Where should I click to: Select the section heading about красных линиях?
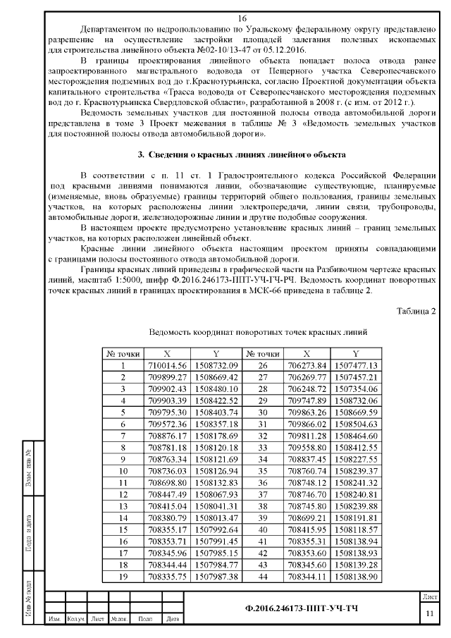(x=242, y=154)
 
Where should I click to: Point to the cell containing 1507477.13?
(x=355, y=365)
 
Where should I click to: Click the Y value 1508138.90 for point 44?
(x=355, y=577)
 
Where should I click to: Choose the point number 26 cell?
(x=262, y=365)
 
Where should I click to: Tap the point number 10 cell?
(x=123, y=471)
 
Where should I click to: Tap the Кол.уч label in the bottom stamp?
(x=75, y=620)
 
